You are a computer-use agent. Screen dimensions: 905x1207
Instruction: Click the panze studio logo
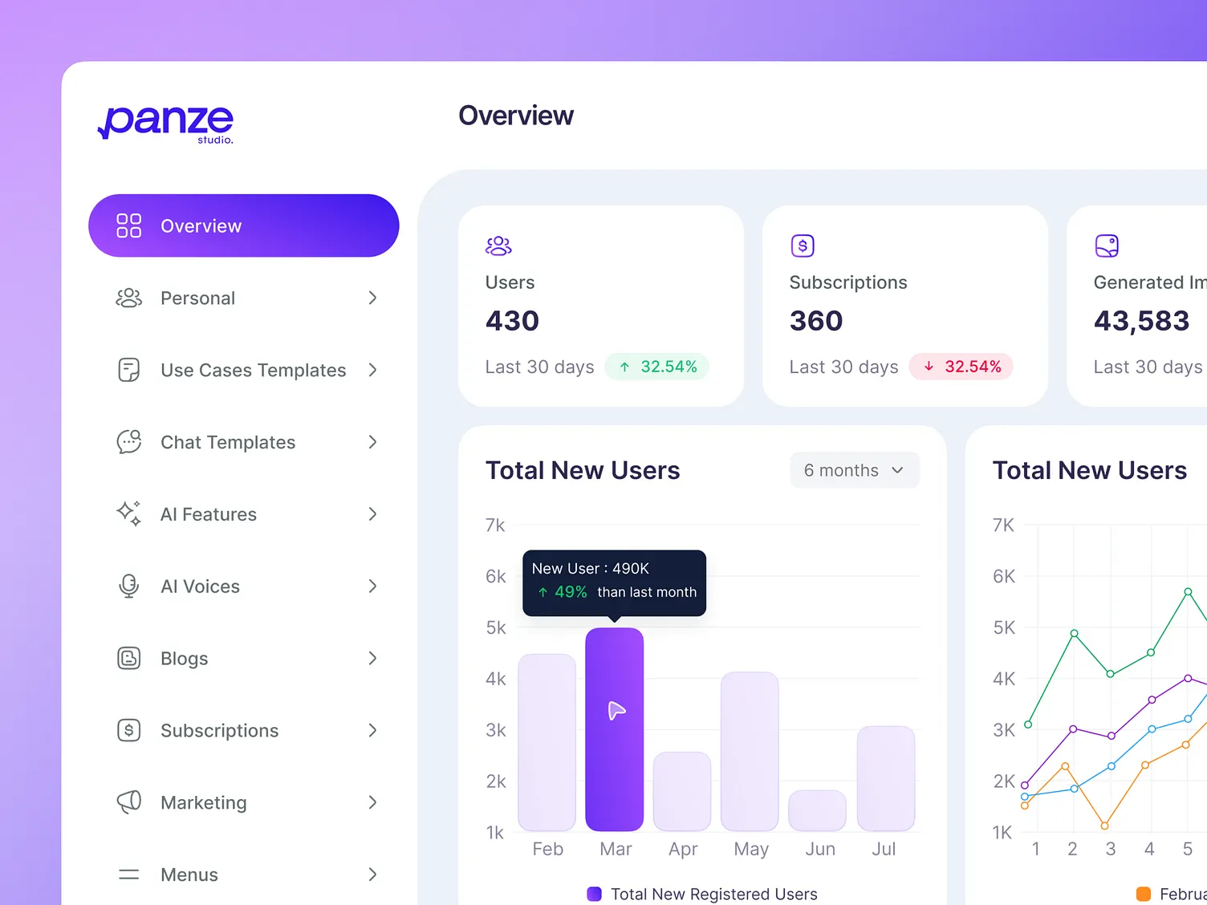point(166,123)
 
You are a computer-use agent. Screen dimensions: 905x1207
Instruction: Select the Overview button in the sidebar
point(243,225)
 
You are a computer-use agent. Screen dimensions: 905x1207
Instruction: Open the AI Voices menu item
point(200,586)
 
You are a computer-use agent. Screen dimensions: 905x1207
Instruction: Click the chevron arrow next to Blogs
point(372,659)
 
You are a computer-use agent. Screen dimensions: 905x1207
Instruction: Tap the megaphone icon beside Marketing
point(128,802)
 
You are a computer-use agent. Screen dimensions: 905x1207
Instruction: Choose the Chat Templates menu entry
point(228,442)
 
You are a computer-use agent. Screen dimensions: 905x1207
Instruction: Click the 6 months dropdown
point(854,471)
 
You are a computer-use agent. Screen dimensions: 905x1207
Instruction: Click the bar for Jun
point(817,810)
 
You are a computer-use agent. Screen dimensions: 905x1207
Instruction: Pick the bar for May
point(750,751)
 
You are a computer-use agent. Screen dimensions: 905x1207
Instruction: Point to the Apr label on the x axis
point(683,849)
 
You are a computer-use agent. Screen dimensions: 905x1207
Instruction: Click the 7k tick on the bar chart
point(495,526)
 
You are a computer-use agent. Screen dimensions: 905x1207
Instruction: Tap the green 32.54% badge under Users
point(657,367)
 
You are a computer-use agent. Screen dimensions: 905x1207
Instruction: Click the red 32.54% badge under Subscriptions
point(961,367)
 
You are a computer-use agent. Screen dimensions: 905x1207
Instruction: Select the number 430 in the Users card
point(512,321)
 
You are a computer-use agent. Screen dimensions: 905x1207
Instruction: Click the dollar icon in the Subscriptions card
point(803,246)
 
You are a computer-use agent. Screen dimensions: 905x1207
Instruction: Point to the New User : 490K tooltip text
point(591,569)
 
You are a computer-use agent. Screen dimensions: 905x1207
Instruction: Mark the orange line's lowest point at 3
point(1105,825)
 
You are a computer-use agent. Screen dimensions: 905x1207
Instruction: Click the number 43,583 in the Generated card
point(1141,321)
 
